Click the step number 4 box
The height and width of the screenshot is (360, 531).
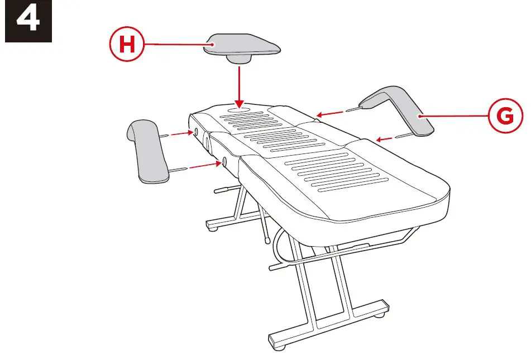pyautogui.click(x=28, y=21)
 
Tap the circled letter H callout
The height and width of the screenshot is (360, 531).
pyautogui.click(x=127, y=44)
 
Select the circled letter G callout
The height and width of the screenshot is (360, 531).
pyautogui.click(x=505, y=116)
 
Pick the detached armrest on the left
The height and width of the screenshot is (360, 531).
pyautogui.click(x=149, y=151)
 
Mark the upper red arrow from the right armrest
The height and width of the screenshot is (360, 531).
pyautogui.click(x=332, y=114)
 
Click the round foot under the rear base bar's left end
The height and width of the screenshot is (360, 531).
pyautogui.click(x=212, y=227)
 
